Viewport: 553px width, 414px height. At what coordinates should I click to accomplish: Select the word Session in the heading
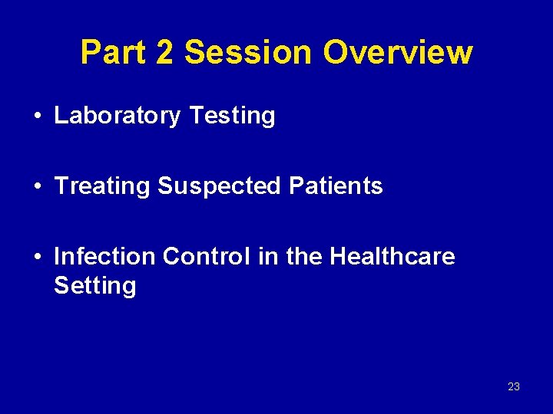tap(249, 53)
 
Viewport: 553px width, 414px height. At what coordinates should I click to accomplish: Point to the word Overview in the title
tap(397, 53)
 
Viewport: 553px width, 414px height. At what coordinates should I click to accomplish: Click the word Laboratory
tap(118, 117)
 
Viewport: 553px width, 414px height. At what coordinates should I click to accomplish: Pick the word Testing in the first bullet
tap(231, 116)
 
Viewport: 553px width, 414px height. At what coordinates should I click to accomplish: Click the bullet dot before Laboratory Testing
tap(38, 117)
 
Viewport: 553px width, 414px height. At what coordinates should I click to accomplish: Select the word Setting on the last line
tap(94, 286)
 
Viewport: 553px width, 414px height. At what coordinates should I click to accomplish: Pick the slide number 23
tap(514, 386)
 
